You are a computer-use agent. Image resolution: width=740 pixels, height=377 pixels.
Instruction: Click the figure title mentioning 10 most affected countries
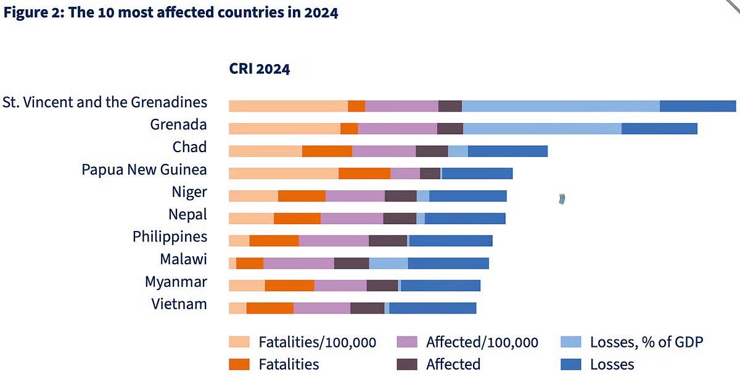pyautogui.click(x=171, y=12)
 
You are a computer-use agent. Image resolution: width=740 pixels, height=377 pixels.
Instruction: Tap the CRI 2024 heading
pyautogui.click(x=259, y=69)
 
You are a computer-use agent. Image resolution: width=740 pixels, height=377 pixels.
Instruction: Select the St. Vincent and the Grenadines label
pyautogui.click(x=105, y=102)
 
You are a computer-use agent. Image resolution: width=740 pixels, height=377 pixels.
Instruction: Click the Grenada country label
pyautogui.click(x=178, y=125)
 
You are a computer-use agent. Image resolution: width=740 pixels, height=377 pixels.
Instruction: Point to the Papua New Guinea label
pyautogui.click(x=144, y=169)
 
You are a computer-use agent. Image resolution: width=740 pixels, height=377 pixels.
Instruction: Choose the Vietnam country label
pyautogui.click(x=179, y=304)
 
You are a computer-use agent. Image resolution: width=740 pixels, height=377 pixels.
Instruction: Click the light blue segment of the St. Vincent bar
pyautogui.click(x=560, y=106)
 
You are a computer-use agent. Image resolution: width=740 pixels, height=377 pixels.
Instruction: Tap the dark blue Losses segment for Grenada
pyautogui.click(x=659, y=128)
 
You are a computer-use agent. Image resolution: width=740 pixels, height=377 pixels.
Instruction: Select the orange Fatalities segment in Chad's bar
pyautogui.click(x=327, y=151)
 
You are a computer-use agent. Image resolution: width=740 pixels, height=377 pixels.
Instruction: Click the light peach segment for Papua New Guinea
pyautogui.click(x=283, y=173)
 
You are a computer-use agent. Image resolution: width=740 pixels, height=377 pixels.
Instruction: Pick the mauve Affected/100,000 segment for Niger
pyautogui.click(x=355, y=196)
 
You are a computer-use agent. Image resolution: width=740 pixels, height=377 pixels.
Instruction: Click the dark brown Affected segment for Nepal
pyautogui.click(x=400, y=218)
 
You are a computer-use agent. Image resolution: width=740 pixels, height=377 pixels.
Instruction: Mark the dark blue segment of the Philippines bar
pyautogui.click(x=451, y=241)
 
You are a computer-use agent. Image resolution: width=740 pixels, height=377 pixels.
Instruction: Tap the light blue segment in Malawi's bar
pyautogui.click(x=388, y=263)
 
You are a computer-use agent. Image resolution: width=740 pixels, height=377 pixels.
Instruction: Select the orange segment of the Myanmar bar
pyautogui.click(x=289, y=285)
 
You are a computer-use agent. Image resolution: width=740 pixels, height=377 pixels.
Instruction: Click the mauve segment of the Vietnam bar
pyautogui.click(x=321, y=308)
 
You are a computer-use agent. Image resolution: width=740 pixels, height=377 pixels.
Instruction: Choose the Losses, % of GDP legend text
pyautogui.click(x=646, y=342)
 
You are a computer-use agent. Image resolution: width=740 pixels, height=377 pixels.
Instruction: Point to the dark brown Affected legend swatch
pyautogui.click(x=406, y=364)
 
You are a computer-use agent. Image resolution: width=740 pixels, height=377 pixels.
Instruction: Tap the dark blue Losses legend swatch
pyautogui.click(x=570, y=364)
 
